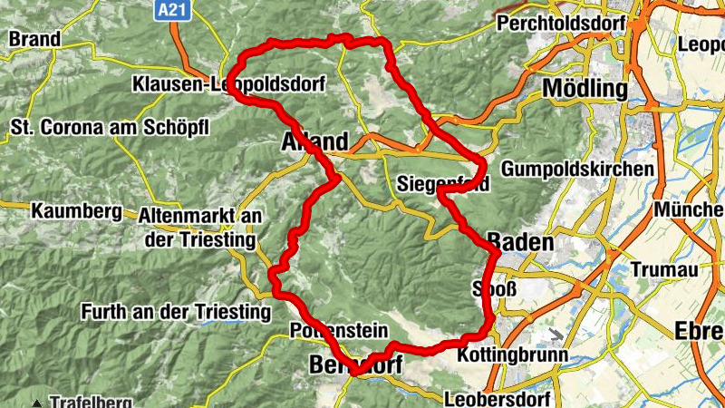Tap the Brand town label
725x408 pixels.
coord(34,39)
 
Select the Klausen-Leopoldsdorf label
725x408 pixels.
coord(227,83)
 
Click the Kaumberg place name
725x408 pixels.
coord(75,212)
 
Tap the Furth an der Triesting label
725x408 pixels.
coord(176,312)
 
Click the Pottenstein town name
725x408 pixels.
coord(338,331)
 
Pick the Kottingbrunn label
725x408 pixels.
coord(514,355)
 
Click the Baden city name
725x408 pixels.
coord(519,242)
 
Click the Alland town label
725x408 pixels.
coord(314,142)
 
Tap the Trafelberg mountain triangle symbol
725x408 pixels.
coord(36,402)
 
